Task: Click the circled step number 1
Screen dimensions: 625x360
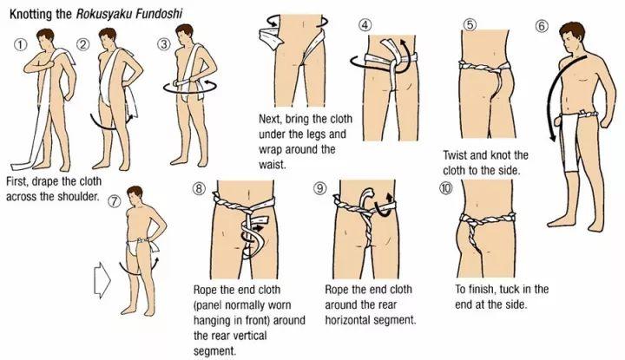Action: pos(21,44)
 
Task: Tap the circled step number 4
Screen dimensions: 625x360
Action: pos(365,24)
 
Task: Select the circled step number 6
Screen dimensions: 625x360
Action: pos(542,26)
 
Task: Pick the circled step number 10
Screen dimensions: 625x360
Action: pos(445,187)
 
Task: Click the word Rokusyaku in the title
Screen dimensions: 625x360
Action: pos(104,15)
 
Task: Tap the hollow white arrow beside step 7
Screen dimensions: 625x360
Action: pos(102,280)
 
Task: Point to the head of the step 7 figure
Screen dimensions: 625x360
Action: pos(135,196)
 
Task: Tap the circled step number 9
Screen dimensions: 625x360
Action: pos(319,187)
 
